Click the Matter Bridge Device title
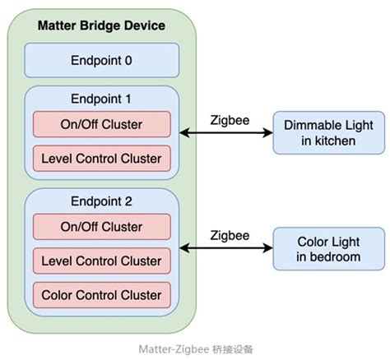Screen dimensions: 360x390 [x=101, y=25]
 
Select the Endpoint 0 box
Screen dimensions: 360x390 [x=101, y=60]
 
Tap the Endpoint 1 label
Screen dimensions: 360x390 [x=101, y=99]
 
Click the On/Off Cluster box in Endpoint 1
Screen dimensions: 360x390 [x=101, y=124]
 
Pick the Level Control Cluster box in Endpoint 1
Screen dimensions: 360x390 [x=101, y=158]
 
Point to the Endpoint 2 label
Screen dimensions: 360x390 [x=101, y=201]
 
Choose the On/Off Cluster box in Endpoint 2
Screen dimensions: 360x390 [x=101, y=227]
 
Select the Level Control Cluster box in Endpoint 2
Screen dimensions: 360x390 [x=101, y=261]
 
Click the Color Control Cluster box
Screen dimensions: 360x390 [x=101, y=294]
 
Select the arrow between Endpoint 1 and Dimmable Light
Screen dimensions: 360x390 [x=226, y=133]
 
